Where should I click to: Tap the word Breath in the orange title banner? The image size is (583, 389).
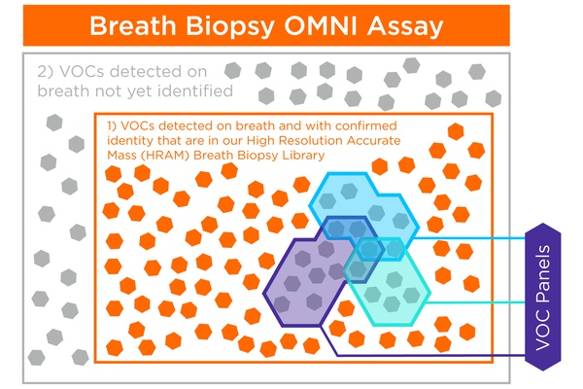click(x=133, y=26)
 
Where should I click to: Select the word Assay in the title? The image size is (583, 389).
click(x=405, y=27)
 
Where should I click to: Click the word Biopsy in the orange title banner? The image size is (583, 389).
click(x=230, y=27)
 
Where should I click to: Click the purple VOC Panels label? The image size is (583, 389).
click(x=543, y=297)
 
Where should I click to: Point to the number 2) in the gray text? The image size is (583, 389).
click(x=46, y=71)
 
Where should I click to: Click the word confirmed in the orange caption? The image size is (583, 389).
click(x=366, y=125)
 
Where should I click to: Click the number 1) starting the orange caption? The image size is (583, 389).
click(x=112, y=125)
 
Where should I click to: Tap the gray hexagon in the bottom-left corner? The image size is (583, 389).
click(x=37, y=358)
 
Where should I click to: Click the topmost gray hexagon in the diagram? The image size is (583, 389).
click(x=412, y=65)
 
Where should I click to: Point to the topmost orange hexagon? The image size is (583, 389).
click(x=456, y=131)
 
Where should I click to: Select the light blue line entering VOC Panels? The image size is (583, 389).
click(x=469, y=238)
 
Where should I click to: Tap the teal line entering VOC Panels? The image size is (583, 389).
click(x=476, y=301)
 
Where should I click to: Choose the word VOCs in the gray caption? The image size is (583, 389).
click(x=82, y=71)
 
